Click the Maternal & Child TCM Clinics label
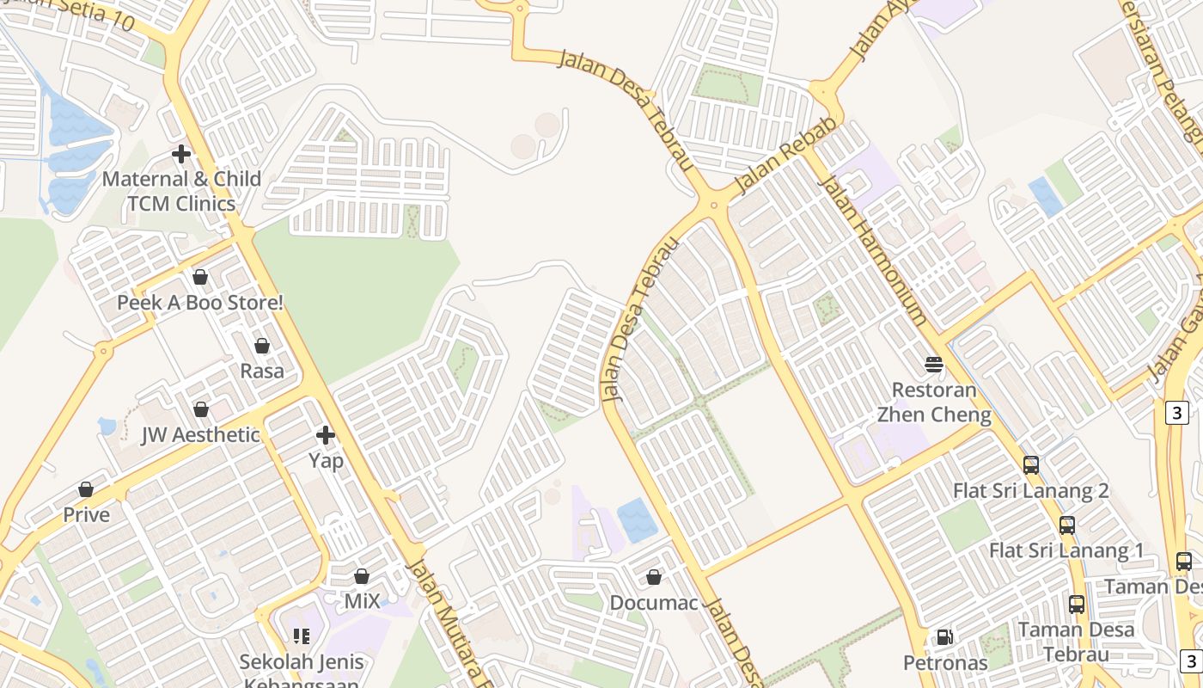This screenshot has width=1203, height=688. [x=181, y=191]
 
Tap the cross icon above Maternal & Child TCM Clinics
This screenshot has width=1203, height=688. [x=181, y=155]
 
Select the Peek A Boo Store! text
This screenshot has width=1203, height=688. [x=200, y=303]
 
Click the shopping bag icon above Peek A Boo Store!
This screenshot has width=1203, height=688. [x=200, y=277]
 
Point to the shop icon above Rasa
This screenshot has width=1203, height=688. [x=262, y=346]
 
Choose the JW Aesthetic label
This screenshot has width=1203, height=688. [x=200, y=435]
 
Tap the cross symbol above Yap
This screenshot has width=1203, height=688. [x=326, y=435]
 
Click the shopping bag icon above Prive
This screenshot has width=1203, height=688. [x=86, y=489]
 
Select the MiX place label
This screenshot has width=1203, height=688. [x=362, y=601]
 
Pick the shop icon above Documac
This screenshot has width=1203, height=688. [x=654, y=577]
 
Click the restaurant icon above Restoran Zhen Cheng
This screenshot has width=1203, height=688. [x=934, y=365]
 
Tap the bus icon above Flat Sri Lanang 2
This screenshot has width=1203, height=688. [x=1031, y=465]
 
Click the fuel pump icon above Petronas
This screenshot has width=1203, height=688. [x=945, y=637]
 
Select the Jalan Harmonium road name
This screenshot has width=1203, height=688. [x=873, y=249]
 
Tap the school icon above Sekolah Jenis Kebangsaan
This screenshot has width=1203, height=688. [x=302, y=636]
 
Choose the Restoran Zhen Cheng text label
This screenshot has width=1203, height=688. [x=934, y=402]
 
